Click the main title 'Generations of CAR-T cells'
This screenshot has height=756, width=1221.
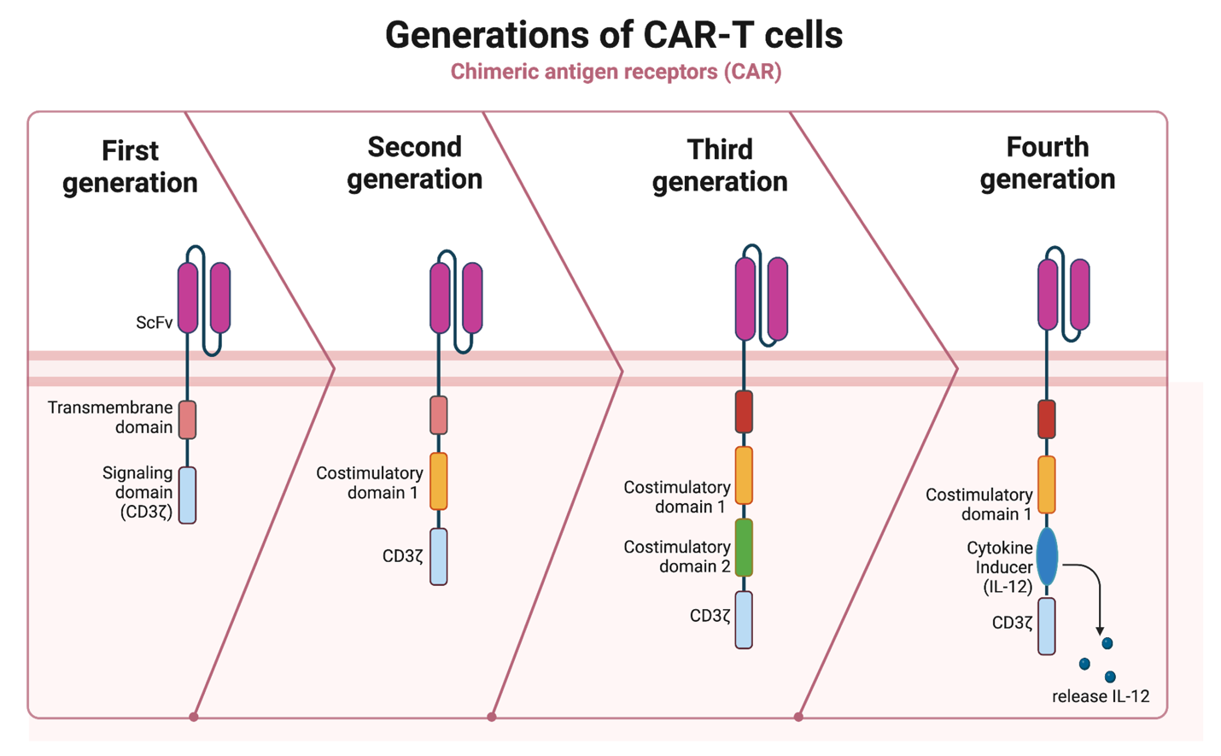pos(614,36)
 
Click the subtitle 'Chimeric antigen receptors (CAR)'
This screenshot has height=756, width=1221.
pos(616,72)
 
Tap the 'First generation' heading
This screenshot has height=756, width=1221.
pos(130,167)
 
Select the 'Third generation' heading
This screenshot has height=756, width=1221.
pos(720,165)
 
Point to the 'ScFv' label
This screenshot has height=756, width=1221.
pos(155,322)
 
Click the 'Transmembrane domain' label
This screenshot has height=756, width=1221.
pos(110,417)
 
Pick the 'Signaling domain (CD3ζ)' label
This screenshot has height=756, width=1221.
pos(138,493)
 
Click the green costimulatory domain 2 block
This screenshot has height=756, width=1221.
pos(744,548)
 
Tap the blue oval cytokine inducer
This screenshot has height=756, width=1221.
pos(1047,556)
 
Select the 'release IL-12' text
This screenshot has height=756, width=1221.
pos(1101,696)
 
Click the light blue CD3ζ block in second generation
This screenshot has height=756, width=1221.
pos(439,557)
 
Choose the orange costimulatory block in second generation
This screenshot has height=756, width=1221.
pos(439,481)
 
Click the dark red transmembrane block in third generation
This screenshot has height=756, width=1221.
pos(744,412)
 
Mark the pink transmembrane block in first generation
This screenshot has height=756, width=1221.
pos(188,420)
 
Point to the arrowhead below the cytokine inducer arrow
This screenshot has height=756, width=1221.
pos(1100,630)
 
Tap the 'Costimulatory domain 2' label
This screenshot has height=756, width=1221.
pos(677,556)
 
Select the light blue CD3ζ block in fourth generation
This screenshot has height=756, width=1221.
pos(1047,626)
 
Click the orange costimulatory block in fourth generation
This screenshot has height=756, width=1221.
pos(1047,485)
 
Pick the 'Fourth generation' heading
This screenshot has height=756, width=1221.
pos(1048,163)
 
